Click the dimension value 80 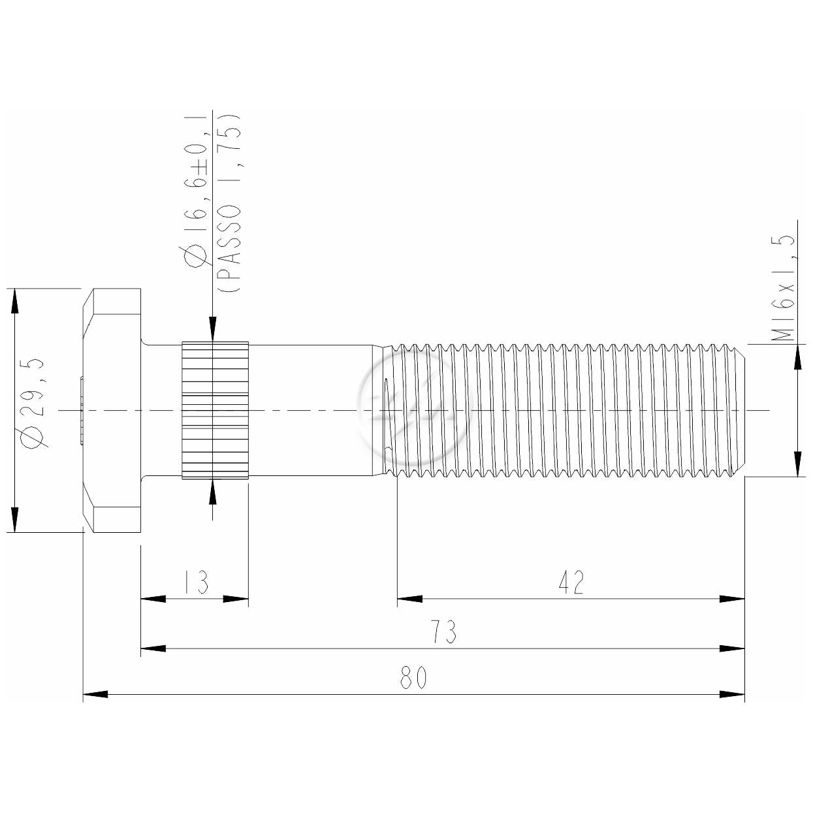pyautogui.click(x=413, y=677)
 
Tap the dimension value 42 pyautogui.click(x=571, y=582)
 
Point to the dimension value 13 pyautogui.click(x=196, y=582)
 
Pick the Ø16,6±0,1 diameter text pyautogui.click(x=196, y=191)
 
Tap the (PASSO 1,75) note pyautogui.click(x=229, y=203)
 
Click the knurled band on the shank pyautogui.click(x=215, y=410)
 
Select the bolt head pyautogui.click(x=112, y=410)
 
